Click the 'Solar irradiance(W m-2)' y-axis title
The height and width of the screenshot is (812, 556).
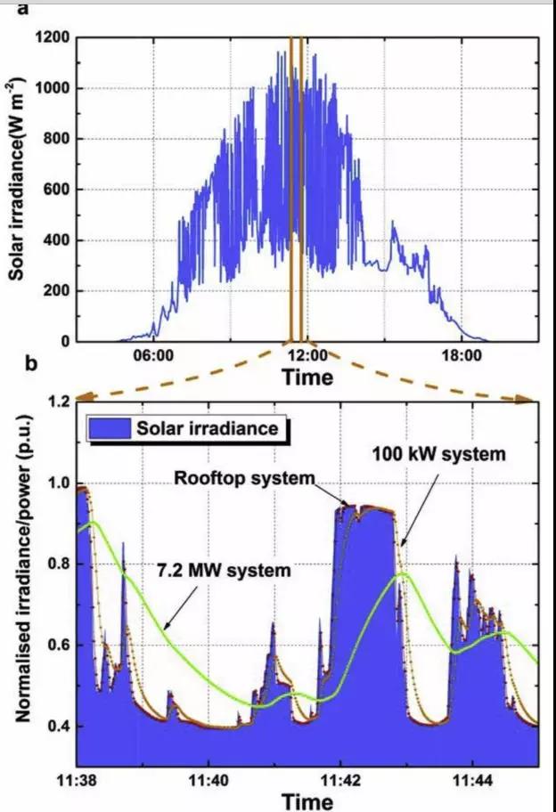17,191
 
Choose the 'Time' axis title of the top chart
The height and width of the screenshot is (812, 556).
307,378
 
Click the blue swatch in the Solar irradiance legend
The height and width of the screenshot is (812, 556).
110,428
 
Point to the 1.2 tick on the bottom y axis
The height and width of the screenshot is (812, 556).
60,402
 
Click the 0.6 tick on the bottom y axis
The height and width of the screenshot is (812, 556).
60,645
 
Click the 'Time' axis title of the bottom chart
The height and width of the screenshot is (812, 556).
307,800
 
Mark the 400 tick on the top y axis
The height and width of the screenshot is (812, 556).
56,240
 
